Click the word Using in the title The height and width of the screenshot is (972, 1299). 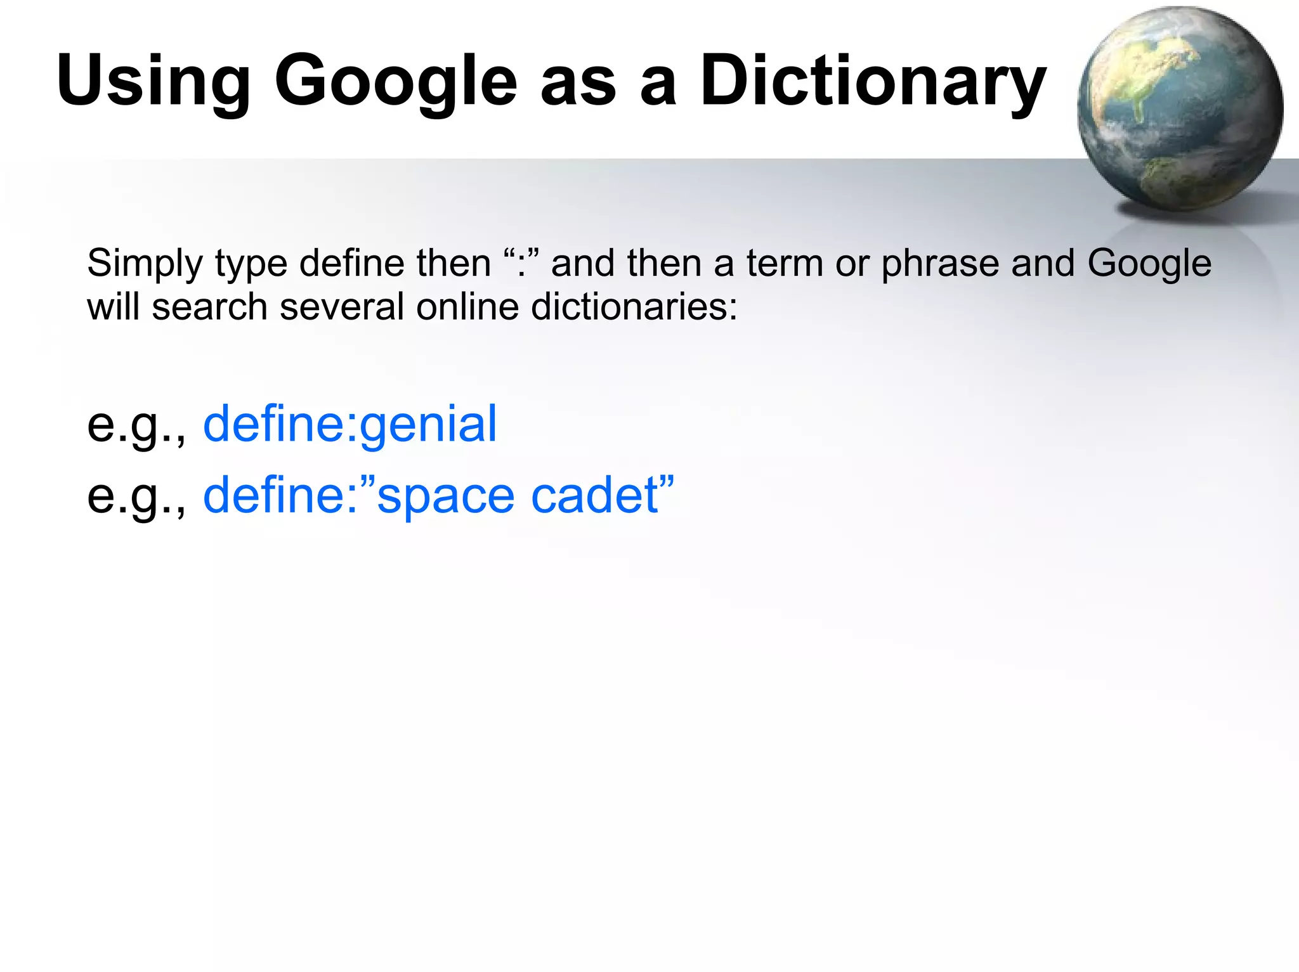click(x=153, y=81)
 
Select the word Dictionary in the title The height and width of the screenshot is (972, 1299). click(x=873, y=81)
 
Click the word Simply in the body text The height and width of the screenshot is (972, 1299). click(x=145, y=264)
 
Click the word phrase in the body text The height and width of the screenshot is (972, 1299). click(x=940, y=264)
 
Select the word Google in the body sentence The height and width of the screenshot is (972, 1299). click(x=1149, y=264)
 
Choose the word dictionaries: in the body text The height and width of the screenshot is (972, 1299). click(x=634, y=308)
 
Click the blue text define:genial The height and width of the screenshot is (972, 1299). click(x=349, y=424)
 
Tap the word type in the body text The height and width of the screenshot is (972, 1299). click(x=251, y=264)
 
